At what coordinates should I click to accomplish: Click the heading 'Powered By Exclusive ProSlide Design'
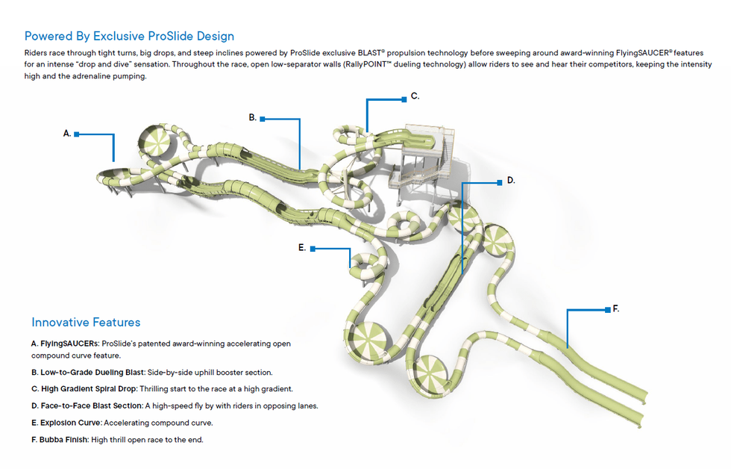(129, 36)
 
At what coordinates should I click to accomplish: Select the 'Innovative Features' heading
(86, 323)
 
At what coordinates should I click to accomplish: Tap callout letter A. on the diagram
(67, 134)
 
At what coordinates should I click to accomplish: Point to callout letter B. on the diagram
(253, 117)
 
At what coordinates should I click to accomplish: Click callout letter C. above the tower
(415, 96)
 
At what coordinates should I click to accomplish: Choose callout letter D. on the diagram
(511, 180)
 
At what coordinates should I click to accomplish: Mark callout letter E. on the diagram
(302, 247)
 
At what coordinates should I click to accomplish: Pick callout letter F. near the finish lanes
(616, 308)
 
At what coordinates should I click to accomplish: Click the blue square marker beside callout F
(607, 309)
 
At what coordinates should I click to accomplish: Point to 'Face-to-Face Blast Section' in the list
(87, 406)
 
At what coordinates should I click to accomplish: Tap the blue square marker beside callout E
(313, 249)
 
